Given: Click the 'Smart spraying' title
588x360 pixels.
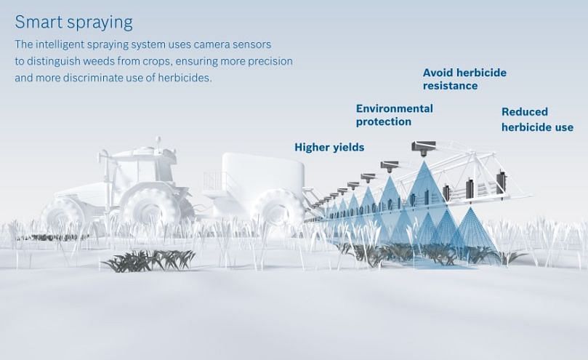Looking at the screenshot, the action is point(73,22).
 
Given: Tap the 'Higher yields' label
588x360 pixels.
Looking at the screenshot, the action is point(329,147).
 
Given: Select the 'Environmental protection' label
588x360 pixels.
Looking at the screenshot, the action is point(394,115).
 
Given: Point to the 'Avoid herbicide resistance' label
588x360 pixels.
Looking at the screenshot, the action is point(464,79).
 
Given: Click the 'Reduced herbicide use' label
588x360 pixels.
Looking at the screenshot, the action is point(537,119).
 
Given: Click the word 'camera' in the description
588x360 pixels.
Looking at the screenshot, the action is point(211,44).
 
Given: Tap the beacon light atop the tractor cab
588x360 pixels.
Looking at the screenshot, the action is point(158,141).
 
